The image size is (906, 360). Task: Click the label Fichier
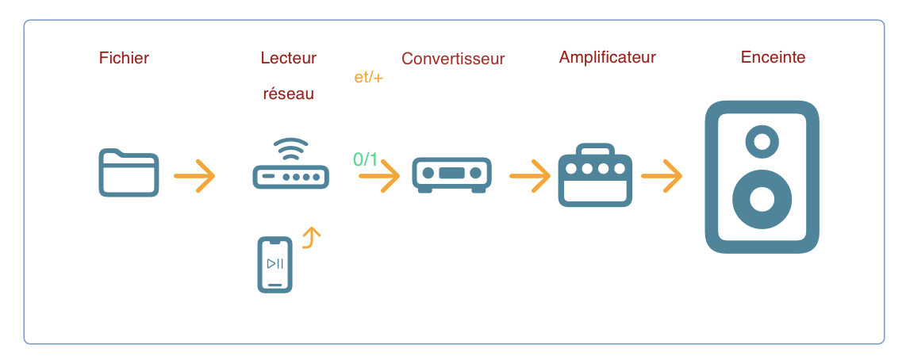point(124,58)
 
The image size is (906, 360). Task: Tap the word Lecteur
point(288,58)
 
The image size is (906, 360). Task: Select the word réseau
point(288,94)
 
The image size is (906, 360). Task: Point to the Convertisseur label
point(453,59)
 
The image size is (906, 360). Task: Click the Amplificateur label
point(608,57)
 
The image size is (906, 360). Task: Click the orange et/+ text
point(368,79)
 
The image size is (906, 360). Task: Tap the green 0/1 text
point(366,159)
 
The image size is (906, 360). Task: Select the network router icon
point(291,166)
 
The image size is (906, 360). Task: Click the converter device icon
point(451,174)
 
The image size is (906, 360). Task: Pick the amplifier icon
point(595,175)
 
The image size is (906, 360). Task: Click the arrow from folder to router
point(194,176)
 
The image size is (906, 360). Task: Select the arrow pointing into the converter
point(380,176)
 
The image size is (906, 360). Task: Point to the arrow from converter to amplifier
point(530,176)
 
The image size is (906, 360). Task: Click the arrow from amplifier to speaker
point(662,176)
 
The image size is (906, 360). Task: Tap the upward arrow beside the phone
point(313,236)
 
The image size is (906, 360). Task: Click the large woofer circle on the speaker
point(762,198)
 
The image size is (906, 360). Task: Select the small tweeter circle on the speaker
point(762,143)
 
